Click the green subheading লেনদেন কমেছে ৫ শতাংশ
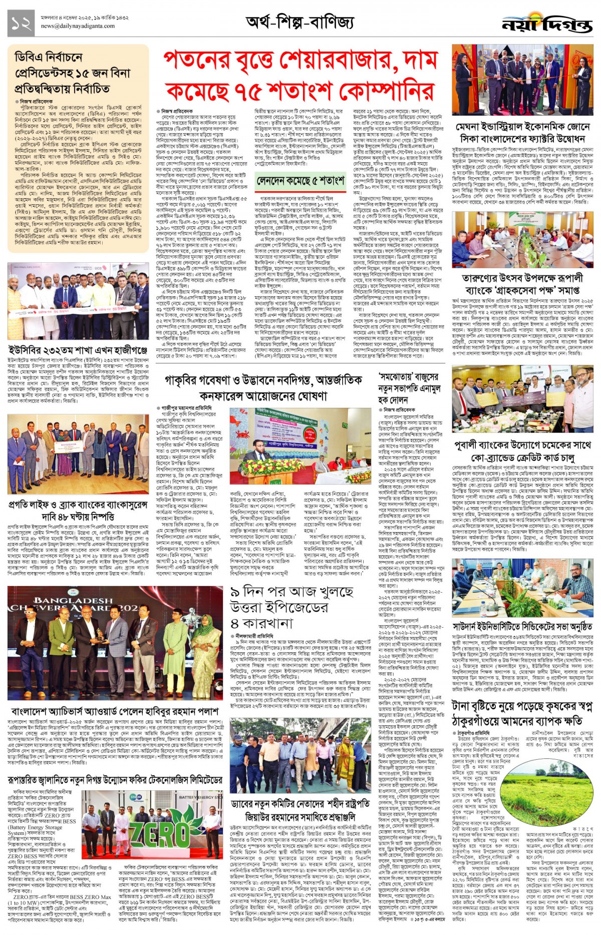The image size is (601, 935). click(300, 181)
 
